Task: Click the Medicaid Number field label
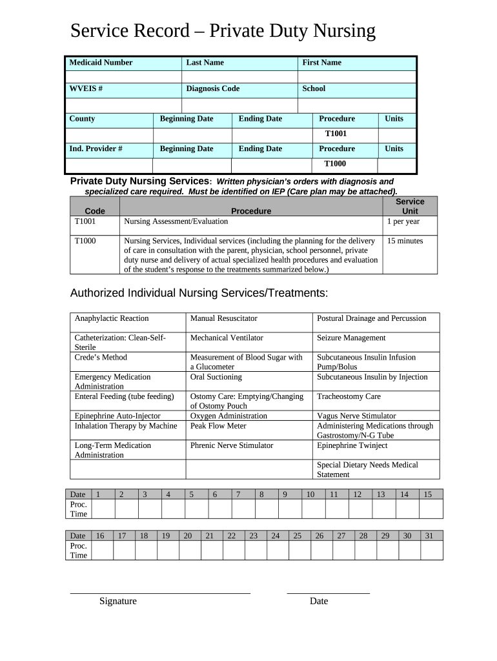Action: (x=101, y=63)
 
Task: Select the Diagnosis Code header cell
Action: (x=212, y=88)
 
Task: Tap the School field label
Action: (x=314, y=88)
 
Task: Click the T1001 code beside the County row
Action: (x=336, y=134)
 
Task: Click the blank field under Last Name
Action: (x=239, y=77)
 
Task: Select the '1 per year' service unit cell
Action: (x=403, y=221)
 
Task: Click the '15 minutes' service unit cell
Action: (x=405, y=241)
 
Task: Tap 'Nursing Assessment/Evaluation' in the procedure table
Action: (x=176, y=221)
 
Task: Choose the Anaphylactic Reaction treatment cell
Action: (x=112, y=318)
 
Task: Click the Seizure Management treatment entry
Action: (x=351, y=338)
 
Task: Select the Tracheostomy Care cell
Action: (x=349, y=396)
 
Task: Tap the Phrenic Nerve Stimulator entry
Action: (x=232, y=445)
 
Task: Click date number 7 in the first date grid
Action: (x=238, y=494)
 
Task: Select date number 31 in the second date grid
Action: (x=429, y=536)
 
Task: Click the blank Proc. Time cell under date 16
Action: (x=101, y=550)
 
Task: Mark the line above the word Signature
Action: (x=159, y=593)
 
